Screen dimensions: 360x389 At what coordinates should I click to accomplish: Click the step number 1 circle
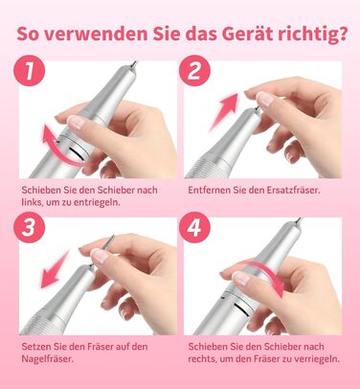[x=29, y=71]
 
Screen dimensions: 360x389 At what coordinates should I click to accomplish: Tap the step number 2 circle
[x=194, y=71]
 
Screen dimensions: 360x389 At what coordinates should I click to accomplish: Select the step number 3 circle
[x=29, y=227]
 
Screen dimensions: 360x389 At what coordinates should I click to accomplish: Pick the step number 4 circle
[x=194, y=227]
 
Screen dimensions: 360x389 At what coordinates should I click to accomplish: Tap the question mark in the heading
[x=343, y=34]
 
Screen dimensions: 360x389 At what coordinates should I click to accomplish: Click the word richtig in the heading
[x=307, y=34]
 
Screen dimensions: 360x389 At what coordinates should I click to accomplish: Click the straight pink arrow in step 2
[x=224, y=111]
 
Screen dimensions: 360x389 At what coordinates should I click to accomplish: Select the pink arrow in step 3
[x=55, y=269]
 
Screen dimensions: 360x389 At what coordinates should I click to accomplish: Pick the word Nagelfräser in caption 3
[x=48, y=358]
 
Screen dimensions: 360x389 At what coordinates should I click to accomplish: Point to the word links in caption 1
[x=32, y=202]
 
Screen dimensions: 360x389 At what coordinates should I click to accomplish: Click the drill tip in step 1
[x=135, y=63]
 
